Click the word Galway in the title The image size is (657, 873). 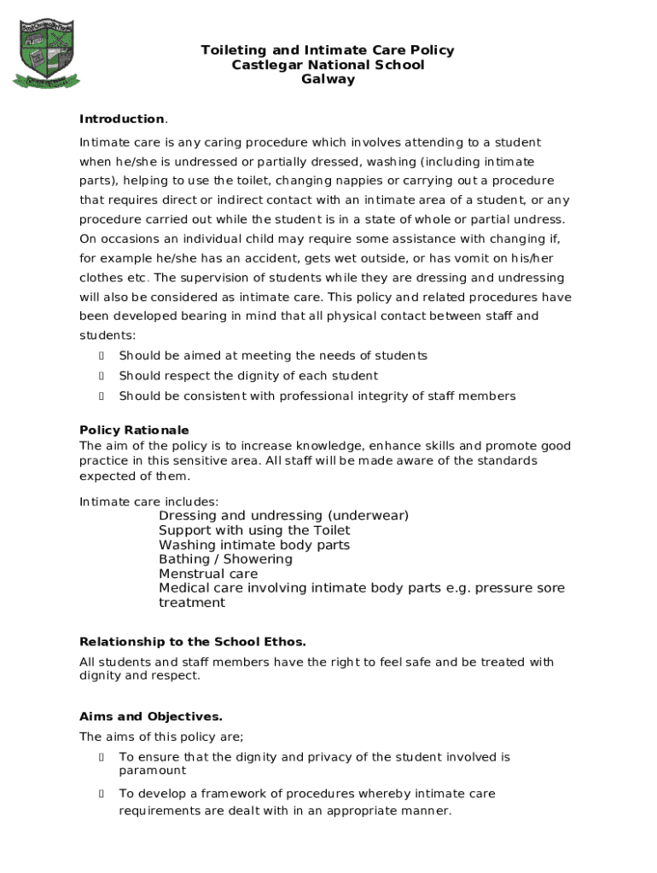pyautogui.click(x=328, y=79)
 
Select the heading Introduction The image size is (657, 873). pyautogui.click(x=121, y=119)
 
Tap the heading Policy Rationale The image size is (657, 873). pyautogui.click(x=134, y=430)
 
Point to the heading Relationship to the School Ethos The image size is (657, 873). pyautogui.click(x=192, y=641)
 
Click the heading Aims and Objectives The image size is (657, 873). pyautogui.click(x=150, y=716)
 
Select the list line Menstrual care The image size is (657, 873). pyautogui.click(x=208, y=574)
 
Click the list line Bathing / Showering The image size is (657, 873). pyautogui.click(x=225, y=559)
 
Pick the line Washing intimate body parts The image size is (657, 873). pyautogui.click(x=254, y=545)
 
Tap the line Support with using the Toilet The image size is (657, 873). pyautogui.click(x=254, y=530)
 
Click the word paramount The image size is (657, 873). pyautogui.click(x=152, y=771)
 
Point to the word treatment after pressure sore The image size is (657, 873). pyautogui.click(x=192, y=603)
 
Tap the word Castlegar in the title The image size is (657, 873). pyautogui.click(x=265, y=65)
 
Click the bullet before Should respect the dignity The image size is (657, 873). pyautogui.click(x=102, y=376)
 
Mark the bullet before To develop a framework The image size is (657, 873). pyautogui.click(x=102, y=794)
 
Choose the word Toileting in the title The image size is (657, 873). pyautogui.click(x=234, y=50)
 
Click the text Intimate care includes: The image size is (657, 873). pyautogui.click(x=148, y=501)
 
